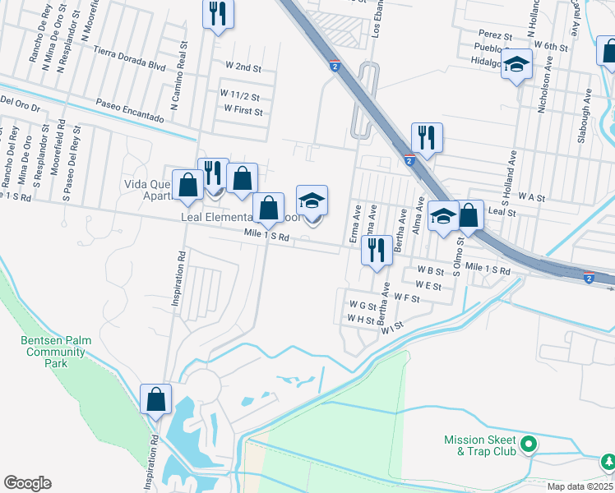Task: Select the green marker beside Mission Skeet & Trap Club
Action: [x=530, y=445]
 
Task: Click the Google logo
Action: [x=27, y=483]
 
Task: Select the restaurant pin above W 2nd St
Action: [x=219, y=15]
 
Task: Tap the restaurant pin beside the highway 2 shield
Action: [x=427, y=138]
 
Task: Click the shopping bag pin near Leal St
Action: [x=469, y=216]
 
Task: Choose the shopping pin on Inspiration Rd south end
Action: [x=155, y=400]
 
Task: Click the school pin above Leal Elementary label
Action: [x=312, y=200]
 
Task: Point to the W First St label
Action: [x=243, y=111]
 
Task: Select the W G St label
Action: [x=361, y=305]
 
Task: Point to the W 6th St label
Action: [x=549, y=48]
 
